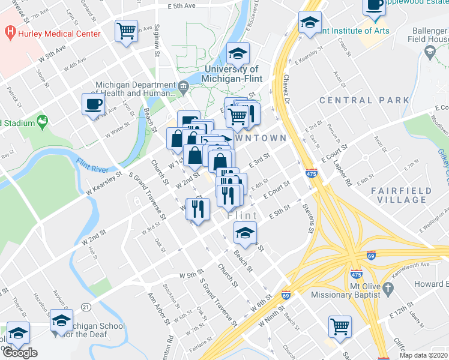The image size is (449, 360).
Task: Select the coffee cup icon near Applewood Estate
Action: (x=374, y=6)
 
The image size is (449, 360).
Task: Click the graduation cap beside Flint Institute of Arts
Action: (x=310, y=23)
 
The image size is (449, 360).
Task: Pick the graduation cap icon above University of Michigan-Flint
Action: (x=238, y=54)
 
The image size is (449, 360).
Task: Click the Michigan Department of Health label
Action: (x=136, y=89)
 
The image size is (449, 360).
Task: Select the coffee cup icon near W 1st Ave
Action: (x=93, y=104)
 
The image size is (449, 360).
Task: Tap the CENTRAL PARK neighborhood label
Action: (x=364, y=100)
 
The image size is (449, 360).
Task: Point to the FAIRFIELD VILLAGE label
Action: (x=401, y=195)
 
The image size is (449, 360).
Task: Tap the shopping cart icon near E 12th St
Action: (x=340, y=326)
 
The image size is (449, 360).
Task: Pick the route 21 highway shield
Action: (x=86, y=307)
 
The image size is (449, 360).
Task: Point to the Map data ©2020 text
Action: (x=424, y=355)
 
